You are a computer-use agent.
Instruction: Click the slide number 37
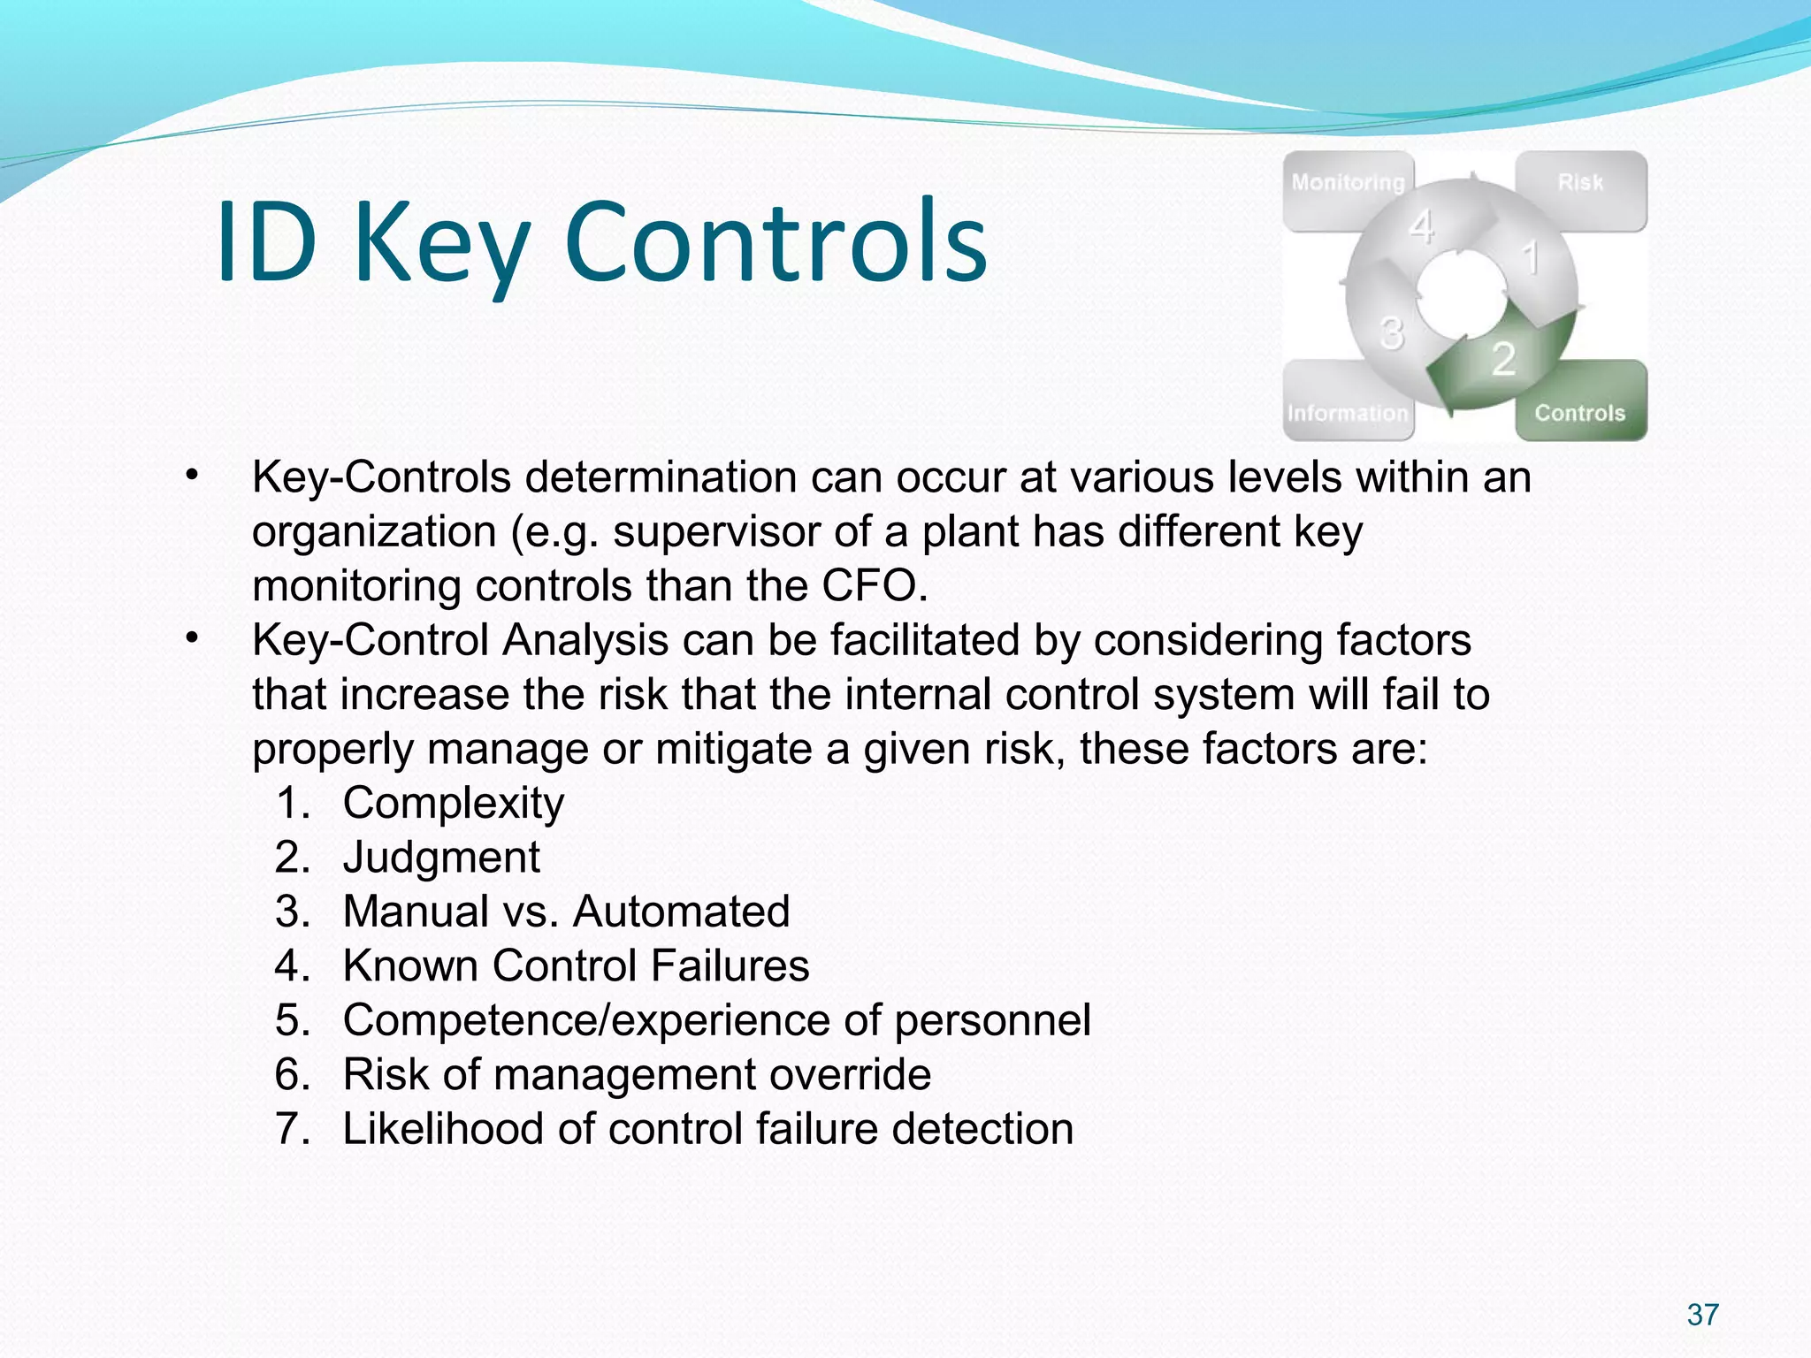[1702, 1315]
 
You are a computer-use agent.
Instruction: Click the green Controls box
[1580, 411]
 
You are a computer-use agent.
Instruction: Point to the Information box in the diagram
[1347, 413]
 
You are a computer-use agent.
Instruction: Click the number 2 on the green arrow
[1503, 359]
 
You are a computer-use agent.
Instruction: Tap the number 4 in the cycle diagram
[1421, 227]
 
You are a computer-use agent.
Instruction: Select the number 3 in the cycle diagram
[1391, 334]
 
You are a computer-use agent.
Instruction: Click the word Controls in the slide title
[775, 242]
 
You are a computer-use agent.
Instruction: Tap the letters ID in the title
[266, 242]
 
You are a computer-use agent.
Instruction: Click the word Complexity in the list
[453, 804]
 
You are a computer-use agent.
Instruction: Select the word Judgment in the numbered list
[440, 858]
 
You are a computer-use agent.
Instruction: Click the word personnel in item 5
[992, 1020]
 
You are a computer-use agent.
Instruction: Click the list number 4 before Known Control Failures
[291, 965]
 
